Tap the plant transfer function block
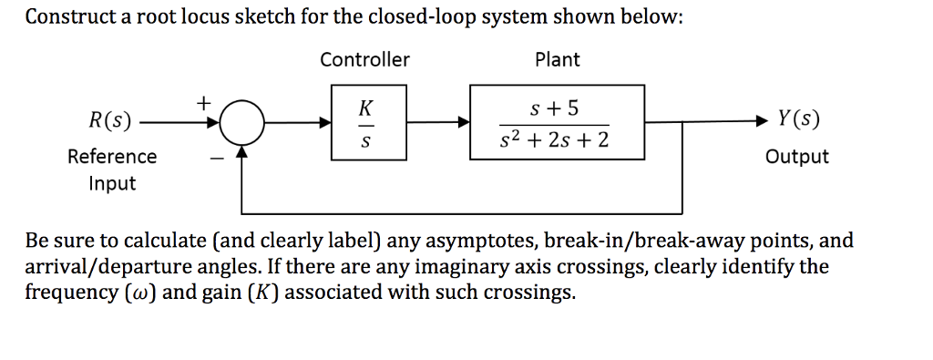click(556, 122)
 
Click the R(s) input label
click(108, 120)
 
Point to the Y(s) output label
click(797, 119)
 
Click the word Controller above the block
click(364, 60)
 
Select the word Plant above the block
click(557, 60)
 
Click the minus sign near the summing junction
click(216, 158)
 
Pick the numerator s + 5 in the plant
click(555, 108)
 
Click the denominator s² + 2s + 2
click(555, 140)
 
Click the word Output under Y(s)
click(797, 157)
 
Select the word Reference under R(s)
click(112, 157)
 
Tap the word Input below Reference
click(112, 183)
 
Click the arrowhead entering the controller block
click(325, 121)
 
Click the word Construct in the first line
click(66, 18)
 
